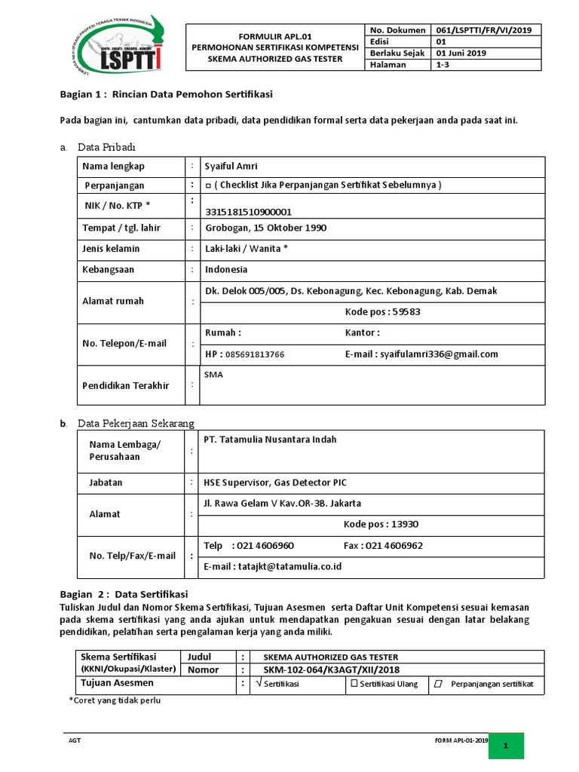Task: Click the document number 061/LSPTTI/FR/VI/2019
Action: (x=483, y=30)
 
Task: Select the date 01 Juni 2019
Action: (x=461, y=53)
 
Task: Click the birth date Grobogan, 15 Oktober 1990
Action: (x=265, y=228)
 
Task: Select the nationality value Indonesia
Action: (x=226, y=269)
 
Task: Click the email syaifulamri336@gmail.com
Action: (x=439, y=354)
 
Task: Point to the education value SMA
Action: (x=213, y=374)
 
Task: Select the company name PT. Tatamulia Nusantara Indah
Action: (x=271, y=440)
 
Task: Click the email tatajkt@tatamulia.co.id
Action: (x=274, y=566)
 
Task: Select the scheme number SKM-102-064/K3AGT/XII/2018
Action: (x=331, y=669)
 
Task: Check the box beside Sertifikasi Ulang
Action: (x=354, y=684)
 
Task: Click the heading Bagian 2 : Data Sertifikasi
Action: (x=124, y=593)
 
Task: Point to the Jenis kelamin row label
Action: (x=111, y=249)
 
